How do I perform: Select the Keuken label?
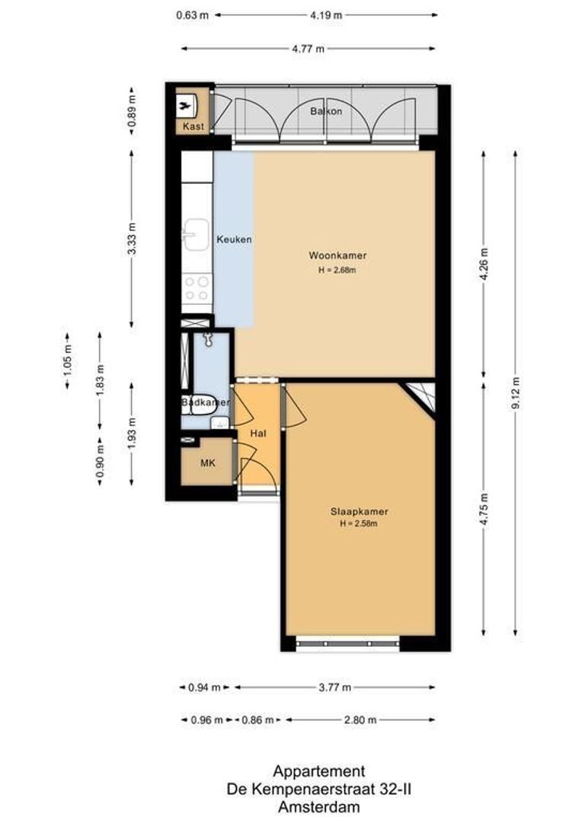(x=234, y=239)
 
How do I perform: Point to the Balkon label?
(x=325, y=111)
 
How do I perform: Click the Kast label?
(x=193, y=126)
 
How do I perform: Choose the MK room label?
(x=207, y=463)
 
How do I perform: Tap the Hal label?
(x=258, y=433)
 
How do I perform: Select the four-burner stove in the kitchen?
(x=197, y=289)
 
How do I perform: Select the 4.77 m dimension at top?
(x=309, y=49)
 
